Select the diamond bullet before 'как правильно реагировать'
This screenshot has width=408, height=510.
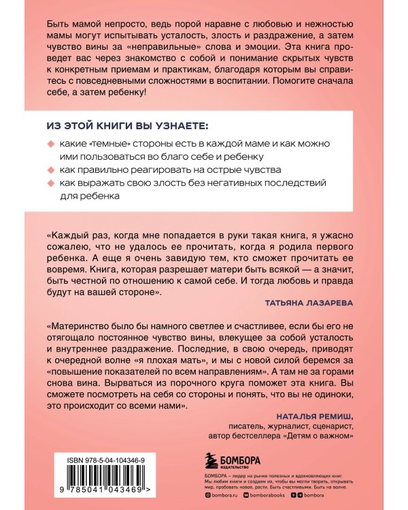(x=50, y=170)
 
